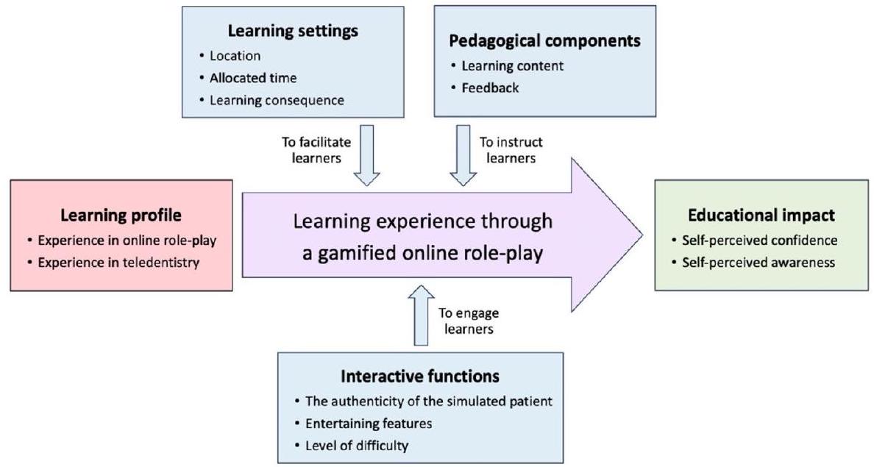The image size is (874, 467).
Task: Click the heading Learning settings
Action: [x=292, y=31]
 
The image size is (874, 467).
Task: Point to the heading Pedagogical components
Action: [x=545, y=40]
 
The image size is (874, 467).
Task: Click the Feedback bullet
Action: [x=490, y=88]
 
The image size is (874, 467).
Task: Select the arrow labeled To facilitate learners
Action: [x=366, y=155]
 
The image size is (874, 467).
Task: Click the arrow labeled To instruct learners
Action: [x=463, y=155]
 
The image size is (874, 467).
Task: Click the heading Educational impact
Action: [x=761, y=216]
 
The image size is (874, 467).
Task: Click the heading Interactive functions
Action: [x=420, y=377]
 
